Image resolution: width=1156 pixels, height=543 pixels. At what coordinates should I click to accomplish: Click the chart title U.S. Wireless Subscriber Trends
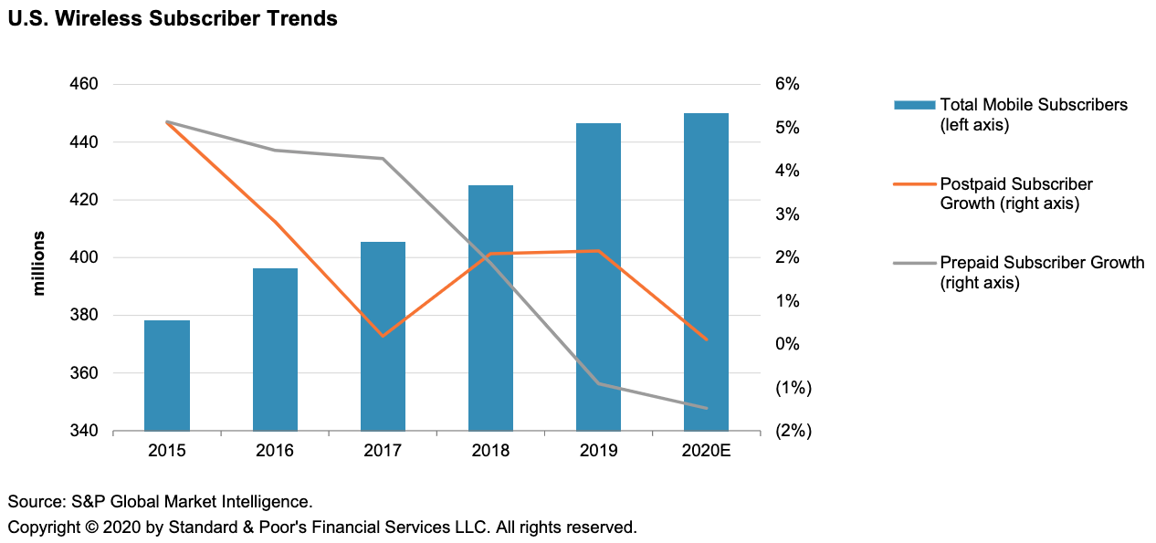pos(173,18)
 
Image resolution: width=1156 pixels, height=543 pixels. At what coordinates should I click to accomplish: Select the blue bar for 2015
pos(167,375)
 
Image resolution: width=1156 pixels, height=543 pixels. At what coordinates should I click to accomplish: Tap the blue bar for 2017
pos(383,336)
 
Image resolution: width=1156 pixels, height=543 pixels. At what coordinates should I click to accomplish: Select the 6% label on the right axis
pos(787,84)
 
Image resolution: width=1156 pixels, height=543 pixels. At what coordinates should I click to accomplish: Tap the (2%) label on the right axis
pos(793,431)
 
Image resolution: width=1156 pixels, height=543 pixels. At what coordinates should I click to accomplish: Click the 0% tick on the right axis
pos(787,344)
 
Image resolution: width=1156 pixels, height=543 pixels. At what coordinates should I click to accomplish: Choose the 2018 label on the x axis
pos(490,451)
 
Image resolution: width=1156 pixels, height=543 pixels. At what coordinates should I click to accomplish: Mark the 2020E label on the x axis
pos(707,451)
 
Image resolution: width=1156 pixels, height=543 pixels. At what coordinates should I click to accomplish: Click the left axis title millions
pos(38,264)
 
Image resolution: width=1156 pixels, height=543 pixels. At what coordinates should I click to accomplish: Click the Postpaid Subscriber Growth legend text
pos(1016,193)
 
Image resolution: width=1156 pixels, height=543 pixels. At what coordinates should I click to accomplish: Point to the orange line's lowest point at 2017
pos(383,336)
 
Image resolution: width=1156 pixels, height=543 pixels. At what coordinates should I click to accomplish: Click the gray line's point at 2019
pos(599,383)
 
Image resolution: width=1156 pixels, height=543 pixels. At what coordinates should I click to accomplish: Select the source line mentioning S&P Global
pos(161,501)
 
